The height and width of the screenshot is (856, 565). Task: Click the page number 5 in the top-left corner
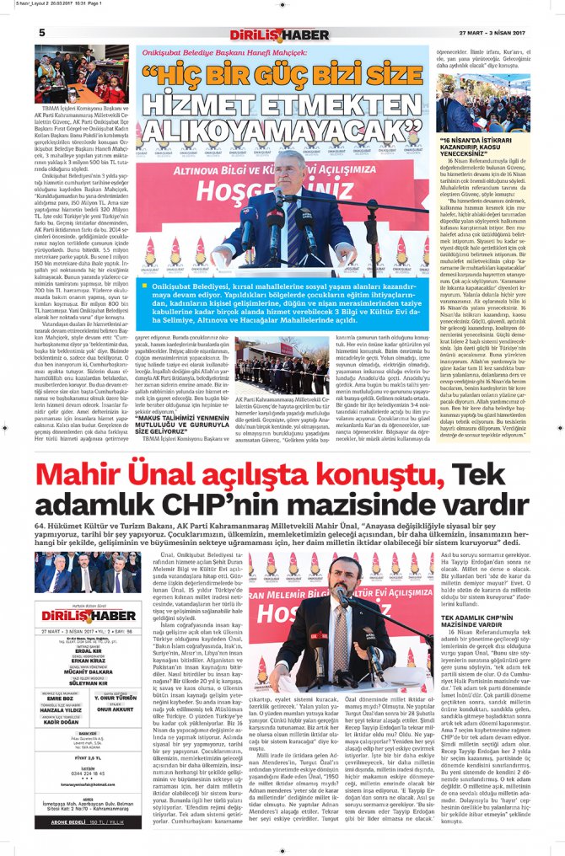click(41, 32)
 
